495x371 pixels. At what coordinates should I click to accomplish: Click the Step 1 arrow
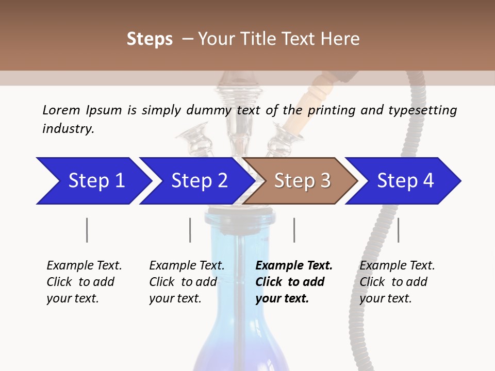93,181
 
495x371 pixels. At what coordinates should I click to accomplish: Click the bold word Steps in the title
150,39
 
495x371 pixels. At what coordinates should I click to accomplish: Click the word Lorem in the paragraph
61,110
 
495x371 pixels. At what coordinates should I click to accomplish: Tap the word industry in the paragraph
68,129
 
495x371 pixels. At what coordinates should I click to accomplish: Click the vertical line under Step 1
87,230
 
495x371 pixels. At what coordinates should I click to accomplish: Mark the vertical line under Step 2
190,230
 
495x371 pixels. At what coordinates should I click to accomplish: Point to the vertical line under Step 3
294,230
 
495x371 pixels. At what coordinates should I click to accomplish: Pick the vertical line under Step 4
398,230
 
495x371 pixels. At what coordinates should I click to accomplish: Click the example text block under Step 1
84,282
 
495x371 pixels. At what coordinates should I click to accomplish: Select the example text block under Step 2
187,282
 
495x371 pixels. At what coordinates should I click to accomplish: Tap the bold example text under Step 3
294,282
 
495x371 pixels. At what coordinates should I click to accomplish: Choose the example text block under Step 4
397,282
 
